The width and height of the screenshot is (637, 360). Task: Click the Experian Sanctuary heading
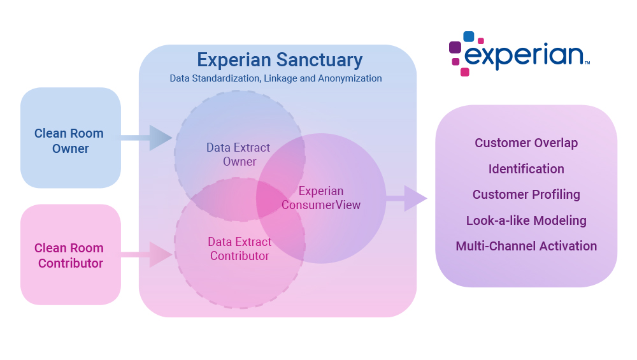point(279,60)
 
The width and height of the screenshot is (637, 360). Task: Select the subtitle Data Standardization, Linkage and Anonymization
point(275,78)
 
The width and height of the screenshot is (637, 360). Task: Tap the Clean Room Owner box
point(70,141)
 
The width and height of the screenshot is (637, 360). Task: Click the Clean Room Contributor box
point(70,255)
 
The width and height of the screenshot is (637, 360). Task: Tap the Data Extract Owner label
point(238,154)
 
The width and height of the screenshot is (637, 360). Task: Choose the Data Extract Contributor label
point(240,249)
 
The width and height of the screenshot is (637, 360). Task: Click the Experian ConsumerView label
point(321,198)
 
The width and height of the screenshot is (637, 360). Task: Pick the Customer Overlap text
point(526,143)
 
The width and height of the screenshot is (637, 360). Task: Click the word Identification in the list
point(526,169)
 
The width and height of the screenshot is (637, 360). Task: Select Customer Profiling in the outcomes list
point(526,194)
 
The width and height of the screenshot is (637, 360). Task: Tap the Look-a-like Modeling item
point(526,220)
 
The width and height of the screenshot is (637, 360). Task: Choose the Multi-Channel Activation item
point(526,246)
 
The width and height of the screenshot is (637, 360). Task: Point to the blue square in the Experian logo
point(469,36)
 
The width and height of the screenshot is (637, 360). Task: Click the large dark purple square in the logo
point(455,47)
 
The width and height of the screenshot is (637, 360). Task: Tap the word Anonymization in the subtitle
point(353,78)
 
